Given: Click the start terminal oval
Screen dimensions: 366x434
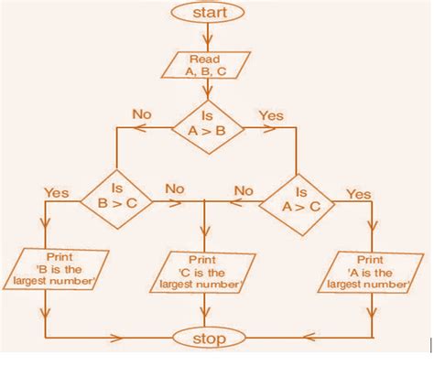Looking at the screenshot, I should tap(210, 14).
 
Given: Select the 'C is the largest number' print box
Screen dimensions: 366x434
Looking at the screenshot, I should tap(201, 271).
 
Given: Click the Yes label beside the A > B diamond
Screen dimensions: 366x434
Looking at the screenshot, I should tap(272, 116).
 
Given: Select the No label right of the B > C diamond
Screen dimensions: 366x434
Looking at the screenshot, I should tap(176, 189).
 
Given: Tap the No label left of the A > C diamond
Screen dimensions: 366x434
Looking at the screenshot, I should tap(243, 190).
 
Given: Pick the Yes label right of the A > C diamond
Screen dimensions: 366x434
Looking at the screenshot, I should tap(359, 195).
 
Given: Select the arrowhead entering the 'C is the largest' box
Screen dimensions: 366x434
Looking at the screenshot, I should tap(203, 244).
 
